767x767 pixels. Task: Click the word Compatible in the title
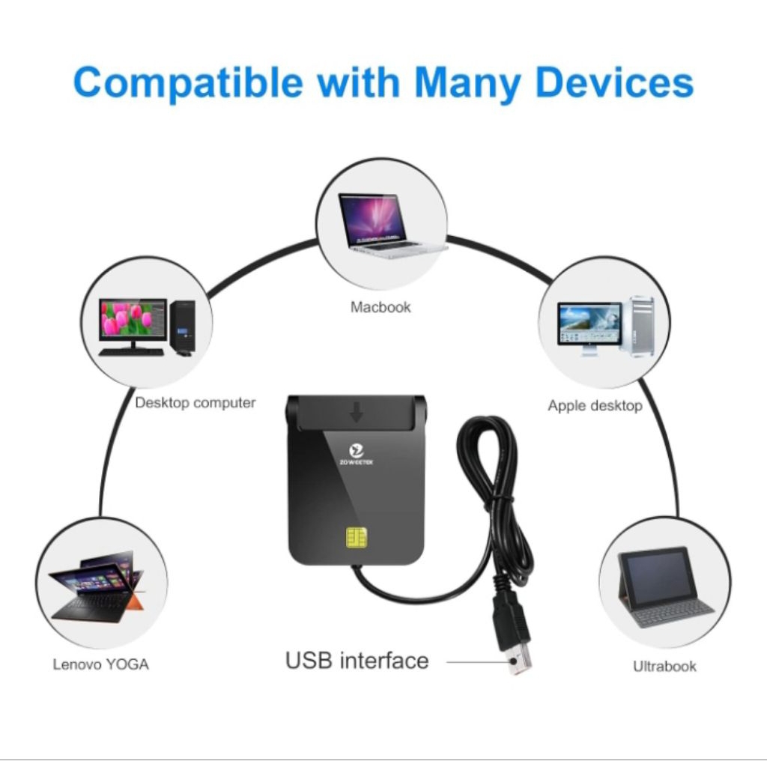pyautogui.click(x=188, y=82)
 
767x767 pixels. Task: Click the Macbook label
pyautogui.click(x=381, y=307)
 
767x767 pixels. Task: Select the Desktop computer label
pyautogui.click(x=195, y=403)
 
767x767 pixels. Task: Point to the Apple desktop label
pyautogui.click(x=595, y=406)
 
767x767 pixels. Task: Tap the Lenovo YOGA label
pyautogui.click(x=100, y=664)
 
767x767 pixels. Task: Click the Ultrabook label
pyautogui.click(x=664, y=666)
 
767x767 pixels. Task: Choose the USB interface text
pyautogui.click(x=357, y=661)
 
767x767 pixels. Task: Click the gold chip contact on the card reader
pyautogui.click(x=357, y=539)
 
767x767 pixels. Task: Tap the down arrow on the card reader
pyautogui.click(x=357, y=411)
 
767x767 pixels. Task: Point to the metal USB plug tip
pyautogui.click(x=518, y=662)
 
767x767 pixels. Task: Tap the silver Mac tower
pyautogui.click(x=641, y=326)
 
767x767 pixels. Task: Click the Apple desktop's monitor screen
pyautogui.click(x=589, y=323)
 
